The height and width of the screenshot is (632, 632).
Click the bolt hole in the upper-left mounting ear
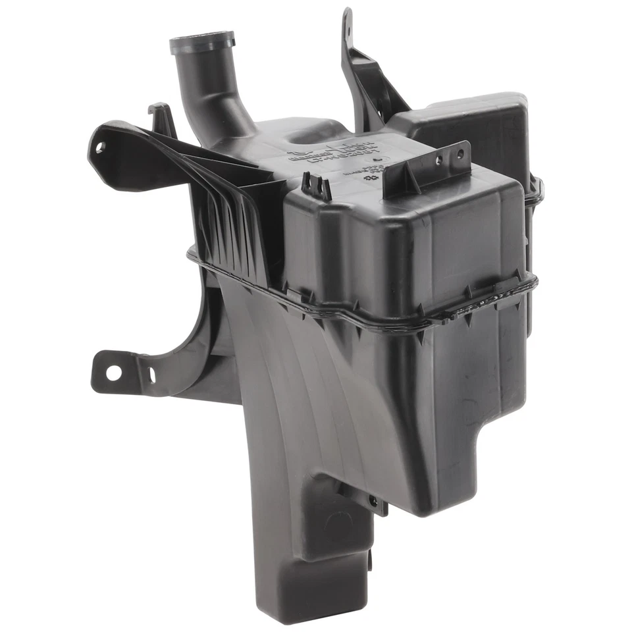click(x=100, y=147)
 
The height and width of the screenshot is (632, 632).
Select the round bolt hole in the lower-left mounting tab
click(x=113, y=372)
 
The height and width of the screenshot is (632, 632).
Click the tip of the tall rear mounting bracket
click(x=347, y=16)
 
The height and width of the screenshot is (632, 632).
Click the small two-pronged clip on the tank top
click(x=317, y=186)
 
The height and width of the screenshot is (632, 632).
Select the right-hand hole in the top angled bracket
click(x=460, y=154)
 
